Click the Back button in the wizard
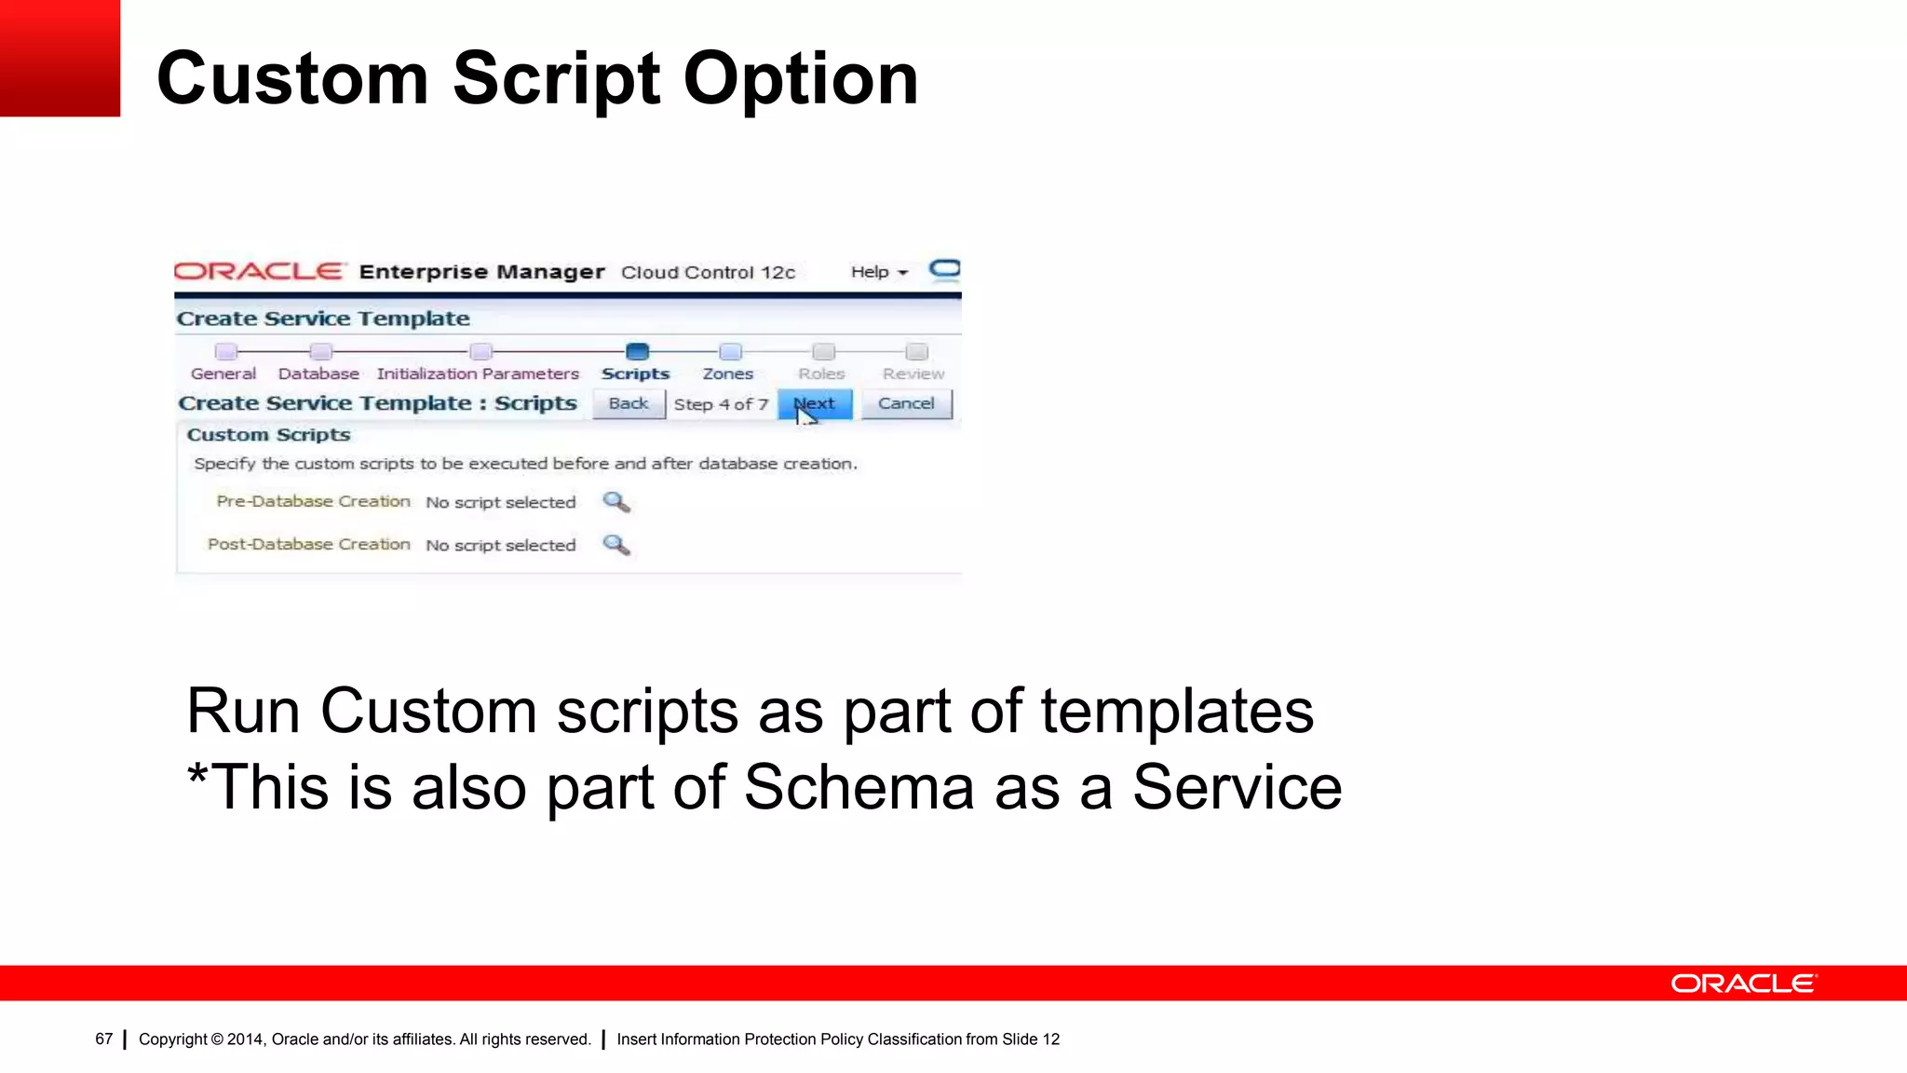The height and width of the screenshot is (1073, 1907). tap(629, 404)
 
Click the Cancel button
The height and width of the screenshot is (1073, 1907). tap(906, 404)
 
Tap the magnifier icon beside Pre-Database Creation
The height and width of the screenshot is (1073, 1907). tap(616, 503)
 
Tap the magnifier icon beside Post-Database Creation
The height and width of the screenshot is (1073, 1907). tap(616, 545)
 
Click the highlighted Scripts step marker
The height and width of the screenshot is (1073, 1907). tap(637, 352)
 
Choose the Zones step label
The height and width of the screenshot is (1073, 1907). tap(728, 374)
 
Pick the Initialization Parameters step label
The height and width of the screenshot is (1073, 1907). tap(478, 374)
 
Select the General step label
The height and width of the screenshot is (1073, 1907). tap(223, 374)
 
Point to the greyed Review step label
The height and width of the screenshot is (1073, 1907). tap(913, 374)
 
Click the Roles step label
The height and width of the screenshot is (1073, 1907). tap(821, 374)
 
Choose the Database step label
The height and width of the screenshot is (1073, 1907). tap(318, 374)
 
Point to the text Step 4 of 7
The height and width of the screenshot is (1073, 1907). tap(721, 405)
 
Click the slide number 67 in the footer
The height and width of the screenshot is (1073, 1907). tap(103, 1039)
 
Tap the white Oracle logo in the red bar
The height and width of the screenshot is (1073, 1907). tap(1743, 984)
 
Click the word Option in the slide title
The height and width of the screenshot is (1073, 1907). tap(801, 80)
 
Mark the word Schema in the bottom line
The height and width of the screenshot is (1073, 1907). tap(859, 788)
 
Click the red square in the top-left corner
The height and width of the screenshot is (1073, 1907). tap(60, 58)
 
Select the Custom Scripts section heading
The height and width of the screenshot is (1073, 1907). tap(268, 435)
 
